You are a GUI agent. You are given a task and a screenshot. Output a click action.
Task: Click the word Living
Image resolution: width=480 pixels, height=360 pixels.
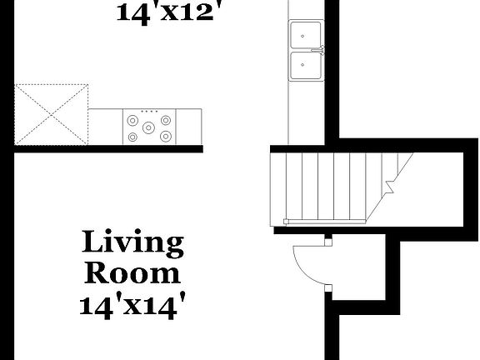tap(132, 243)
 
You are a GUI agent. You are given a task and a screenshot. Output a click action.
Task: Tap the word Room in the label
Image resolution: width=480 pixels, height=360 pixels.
tap(132, 272)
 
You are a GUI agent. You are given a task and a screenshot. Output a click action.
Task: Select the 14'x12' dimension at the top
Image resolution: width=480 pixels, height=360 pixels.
tap(172, 12)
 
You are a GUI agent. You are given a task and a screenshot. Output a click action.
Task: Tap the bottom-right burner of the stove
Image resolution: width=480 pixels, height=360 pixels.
tap(166, 136)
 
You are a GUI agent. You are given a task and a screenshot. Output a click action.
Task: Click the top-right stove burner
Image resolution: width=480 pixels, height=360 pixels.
tap(166, 120)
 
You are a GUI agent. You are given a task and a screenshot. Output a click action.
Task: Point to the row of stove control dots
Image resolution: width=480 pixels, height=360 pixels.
tap(150, 112)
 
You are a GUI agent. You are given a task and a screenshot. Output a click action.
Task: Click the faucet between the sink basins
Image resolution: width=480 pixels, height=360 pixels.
tap(317, 51)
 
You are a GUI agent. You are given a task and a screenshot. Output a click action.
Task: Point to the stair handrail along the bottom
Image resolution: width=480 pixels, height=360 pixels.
tap(325, 221)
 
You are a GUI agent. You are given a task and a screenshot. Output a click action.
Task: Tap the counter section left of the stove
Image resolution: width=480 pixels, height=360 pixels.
tap(106, 127)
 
